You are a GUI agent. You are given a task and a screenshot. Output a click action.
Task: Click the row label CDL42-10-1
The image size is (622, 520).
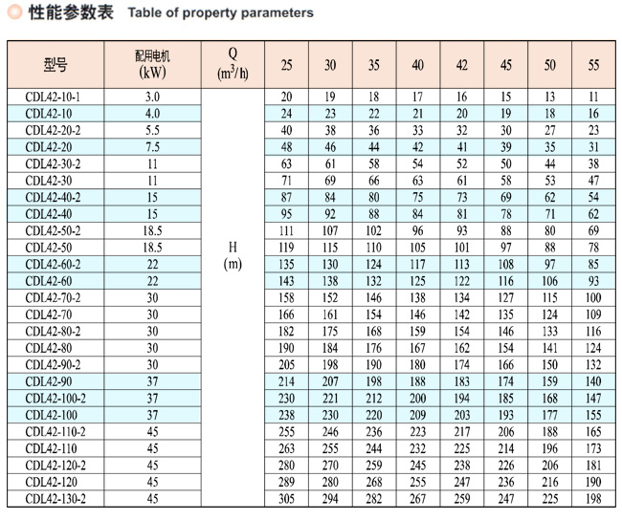(53, 97)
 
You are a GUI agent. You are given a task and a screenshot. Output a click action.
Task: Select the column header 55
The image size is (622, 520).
(593, 65)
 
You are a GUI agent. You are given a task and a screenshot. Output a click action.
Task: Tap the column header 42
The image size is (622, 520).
(462, 65)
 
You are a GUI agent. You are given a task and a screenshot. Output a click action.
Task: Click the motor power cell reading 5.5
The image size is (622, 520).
(152, 130)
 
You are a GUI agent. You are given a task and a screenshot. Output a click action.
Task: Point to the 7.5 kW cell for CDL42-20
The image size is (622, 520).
(152, 147)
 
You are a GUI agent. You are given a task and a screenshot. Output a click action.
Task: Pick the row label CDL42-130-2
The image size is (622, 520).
(56, 499)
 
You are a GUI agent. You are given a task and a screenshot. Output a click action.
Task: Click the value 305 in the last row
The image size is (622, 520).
(286, 499)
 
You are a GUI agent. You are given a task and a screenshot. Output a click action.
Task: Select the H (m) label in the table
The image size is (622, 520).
(233, 255)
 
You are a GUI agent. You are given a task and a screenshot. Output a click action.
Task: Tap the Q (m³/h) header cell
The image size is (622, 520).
(233, 64)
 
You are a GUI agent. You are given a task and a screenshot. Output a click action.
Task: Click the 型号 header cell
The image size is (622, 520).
(56, 64)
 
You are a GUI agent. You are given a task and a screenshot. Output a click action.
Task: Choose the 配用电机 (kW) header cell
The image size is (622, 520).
(152, 64)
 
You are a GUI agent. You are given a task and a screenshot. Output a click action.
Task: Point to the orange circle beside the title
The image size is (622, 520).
(15, 11)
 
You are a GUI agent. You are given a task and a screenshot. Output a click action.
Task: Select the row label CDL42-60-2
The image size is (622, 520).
(53, 264)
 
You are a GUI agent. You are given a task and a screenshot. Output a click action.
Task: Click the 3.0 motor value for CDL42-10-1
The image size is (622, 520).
(152, 97)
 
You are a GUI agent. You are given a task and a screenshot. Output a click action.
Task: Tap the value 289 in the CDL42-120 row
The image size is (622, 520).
(286, 482)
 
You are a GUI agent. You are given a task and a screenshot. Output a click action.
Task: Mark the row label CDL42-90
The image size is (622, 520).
(49, 381)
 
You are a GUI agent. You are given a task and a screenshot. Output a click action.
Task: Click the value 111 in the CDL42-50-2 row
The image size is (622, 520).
(286, 230)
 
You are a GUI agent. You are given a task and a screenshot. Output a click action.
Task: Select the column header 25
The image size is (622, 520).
(286, 65)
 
